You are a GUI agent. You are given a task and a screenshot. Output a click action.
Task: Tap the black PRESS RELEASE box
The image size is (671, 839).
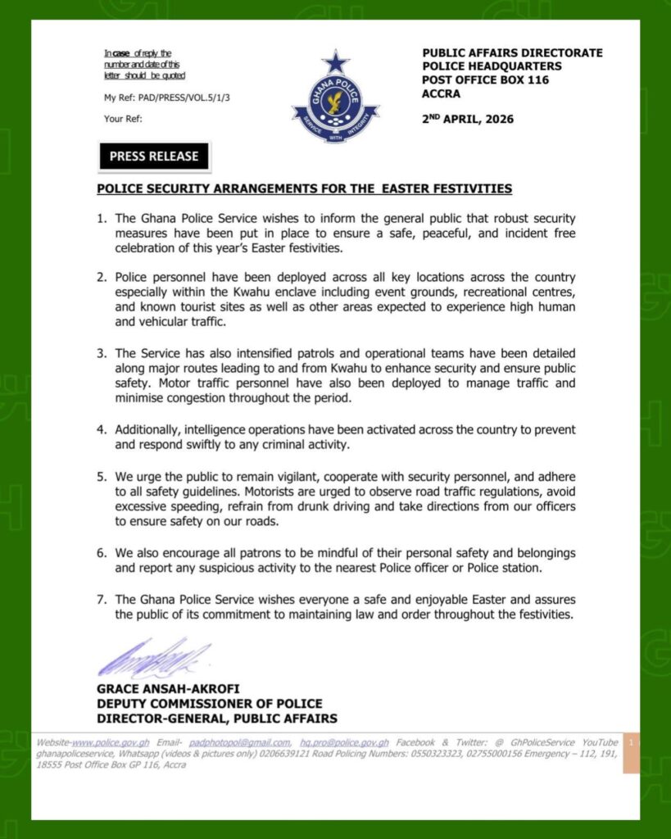pyautogui.click(x=154, y=156)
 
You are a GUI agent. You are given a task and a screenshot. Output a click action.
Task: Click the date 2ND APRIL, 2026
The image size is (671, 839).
pyautogui.click(x=468, y=119)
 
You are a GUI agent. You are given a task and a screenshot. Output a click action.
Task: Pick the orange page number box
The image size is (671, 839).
pyautogui.click(x=631, y=753)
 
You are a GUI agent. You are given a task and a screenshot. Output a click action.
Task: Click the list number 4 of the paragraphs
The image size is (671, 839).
pyautogui.click(x=102, y=429)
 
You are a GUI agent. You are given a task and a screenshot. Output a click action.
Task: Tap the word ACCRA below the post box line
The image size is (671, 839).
pyautogui.click(x=442, y=93)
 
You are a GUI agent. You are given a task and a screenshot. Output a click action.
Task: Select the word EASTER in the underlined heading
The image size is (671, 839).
pyautogui.click(x=397, y=188)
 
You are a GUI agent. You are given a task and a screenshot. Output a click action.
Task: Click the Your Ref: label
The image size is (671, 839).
pyautogui.click(x=124, y=119)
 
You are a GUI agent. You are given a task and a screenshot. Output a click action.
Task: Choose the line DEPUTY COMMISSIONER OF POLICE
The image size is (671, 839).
pyautogui.click(x=209, y=704)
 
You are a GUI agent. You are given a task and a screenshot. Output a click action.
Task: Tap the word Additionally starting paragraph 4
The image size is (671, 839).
pyautogui.click(x=149, y=429)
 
